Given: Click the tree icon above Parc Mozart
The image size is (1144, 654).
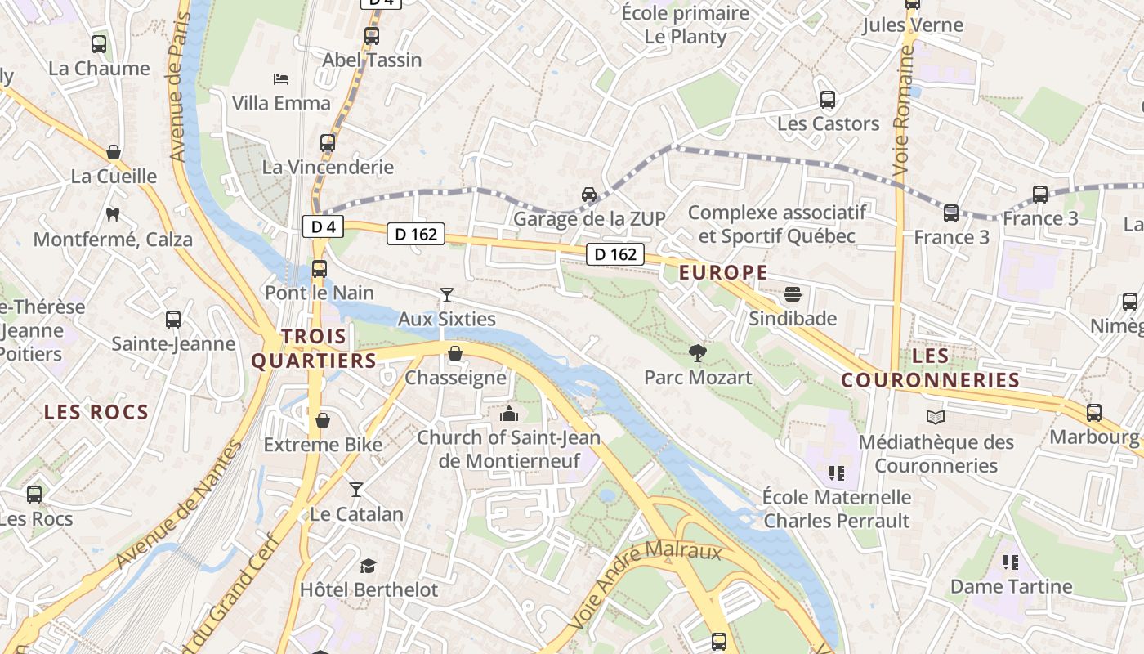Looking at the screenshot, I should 698,353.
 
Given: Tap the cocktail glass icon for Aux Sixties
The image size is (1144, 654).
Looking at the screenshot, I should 446,295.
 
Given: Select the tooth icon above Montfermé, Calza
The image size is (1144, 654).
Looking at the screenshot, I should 113,215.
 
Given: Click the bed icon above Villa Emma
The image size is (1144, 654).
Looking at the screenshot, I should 280,79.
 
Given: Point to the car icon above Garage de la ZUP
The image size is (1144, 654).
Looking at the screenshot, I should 588,195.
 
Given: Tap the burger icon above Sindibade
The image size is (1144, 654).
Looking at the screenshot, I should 792,293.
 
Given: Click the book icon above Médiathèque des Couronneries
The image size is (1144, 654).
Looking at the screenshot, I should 935,418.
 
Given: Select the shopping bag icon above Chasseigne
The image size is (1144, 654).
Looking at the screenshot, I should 455,354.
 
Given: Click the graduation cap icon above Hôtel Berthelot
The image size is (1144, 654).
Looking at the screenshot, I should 368,566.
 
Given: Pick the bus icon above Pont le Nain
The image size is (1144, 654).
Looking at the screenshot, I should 320,268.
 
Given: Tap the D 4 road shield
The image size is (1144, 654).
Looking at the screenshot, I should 323,226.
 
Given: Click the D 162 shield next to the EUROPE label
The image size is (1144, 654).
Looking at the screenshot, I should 615,254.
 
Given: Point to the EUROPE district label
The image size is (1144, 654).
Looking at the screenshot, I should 723,273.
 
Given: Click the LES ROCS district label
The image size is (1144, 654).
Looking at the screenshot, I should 96,412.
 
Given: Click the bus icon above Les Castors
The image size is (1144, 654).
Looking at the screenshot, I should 828,100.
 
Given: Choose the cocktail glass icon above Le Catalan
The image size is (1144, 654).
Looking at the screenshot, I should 355,490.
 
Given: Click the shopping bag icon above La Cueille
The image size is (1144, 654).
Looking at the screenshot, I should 114,152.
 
